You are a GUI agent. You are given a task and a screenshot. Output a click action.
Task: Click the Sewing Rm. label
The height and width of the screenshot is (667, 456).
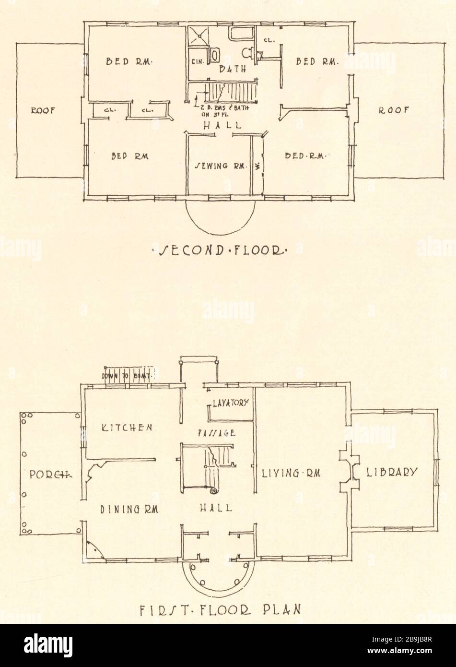221,167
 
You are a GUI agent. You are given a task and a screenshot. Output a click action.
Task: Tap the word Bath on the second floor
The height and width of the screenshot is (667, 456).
233,69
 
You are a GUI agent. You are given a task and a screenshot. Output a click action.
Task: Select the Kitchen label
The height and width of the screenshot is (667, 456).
128,427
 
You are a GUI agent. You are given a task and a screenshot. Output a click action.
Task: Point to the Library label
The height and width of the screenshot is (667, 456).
392,472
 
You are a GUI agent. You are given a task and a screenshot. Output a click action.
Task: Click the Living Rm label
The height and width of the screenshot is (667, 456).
291,473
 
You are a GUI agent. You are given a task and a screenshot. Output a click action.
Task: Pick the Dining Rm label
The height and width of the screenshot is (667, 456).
129,508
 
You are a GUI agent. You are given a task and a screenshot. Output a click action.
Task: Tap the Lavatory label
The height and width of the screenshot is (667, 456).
231,403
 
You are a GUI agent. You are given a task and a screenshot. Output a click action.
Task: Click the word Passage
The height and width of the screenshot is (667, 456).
216,432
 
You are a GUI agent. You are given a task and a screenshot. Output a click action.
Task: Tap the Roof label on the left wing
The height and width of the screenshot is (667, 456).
43,110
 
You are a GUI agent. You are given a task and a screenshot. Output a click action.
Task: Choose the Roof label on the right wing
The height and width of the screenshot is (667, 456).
394,110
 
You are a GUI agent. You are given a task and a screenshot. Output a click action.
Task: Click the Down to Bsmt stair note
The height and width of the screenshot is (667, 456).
126,376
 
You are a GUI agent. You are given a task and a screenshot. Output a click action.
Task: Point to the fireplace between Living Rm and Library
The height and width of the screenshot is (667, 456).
349,471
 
